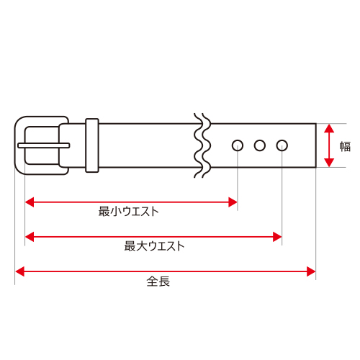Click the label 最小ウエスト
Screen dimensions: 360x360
pyautogui.click(x=129, y=212)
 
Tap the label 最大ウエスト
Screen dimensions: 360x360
pyautogui.click(x=154, y=246)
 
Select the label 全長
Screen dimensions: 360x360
pyautogui.click(x=158, y=282)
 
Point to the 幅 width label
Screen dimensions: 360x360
pyautogui.click(x=345, y=146)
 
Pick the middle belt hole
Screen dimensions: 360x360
pyautogui.click(x=260, y=145)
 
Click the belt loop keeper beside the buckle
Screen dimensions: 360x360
pyautogui.click(x=92, y=145)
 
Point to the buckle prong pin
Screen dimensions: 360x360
pyautogui.click(x=44, y=145)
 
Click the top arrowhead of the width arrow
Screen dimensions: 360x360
pyautogui.click(x=329, y=128)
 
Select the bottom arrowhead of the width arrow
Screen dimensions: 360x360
pyautogui.click(x=329, y=163)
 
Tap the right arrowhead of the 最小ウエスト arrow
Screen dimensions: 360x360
pyautogui.click(x=233, y=202)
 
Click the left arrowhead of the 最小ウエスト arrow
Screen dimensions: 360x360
pyautogui.click(x=30, y=202)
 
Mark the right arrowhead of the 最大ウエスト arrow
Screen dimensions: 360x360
pyautogui.click(x=277, y=237)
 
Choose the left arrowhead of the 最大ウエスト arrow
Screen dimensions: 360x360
pyautogui.click(x=30, y=237)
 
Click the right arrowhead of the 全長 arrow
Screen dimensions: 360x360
pyautogui.click(x=311, y=271)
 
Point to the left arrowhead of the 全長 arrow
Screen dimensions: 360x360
pyautogui.click(x=19, y=271)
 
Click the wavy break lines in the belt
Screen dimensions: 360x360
pyautogui.click(x=202, y=145)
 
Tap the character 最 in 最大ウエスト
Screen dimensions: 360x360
pyautogui.click(x=130, y=246)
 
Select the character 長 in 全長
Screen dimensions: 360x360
pyautogui.click(x=164, y=282)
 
